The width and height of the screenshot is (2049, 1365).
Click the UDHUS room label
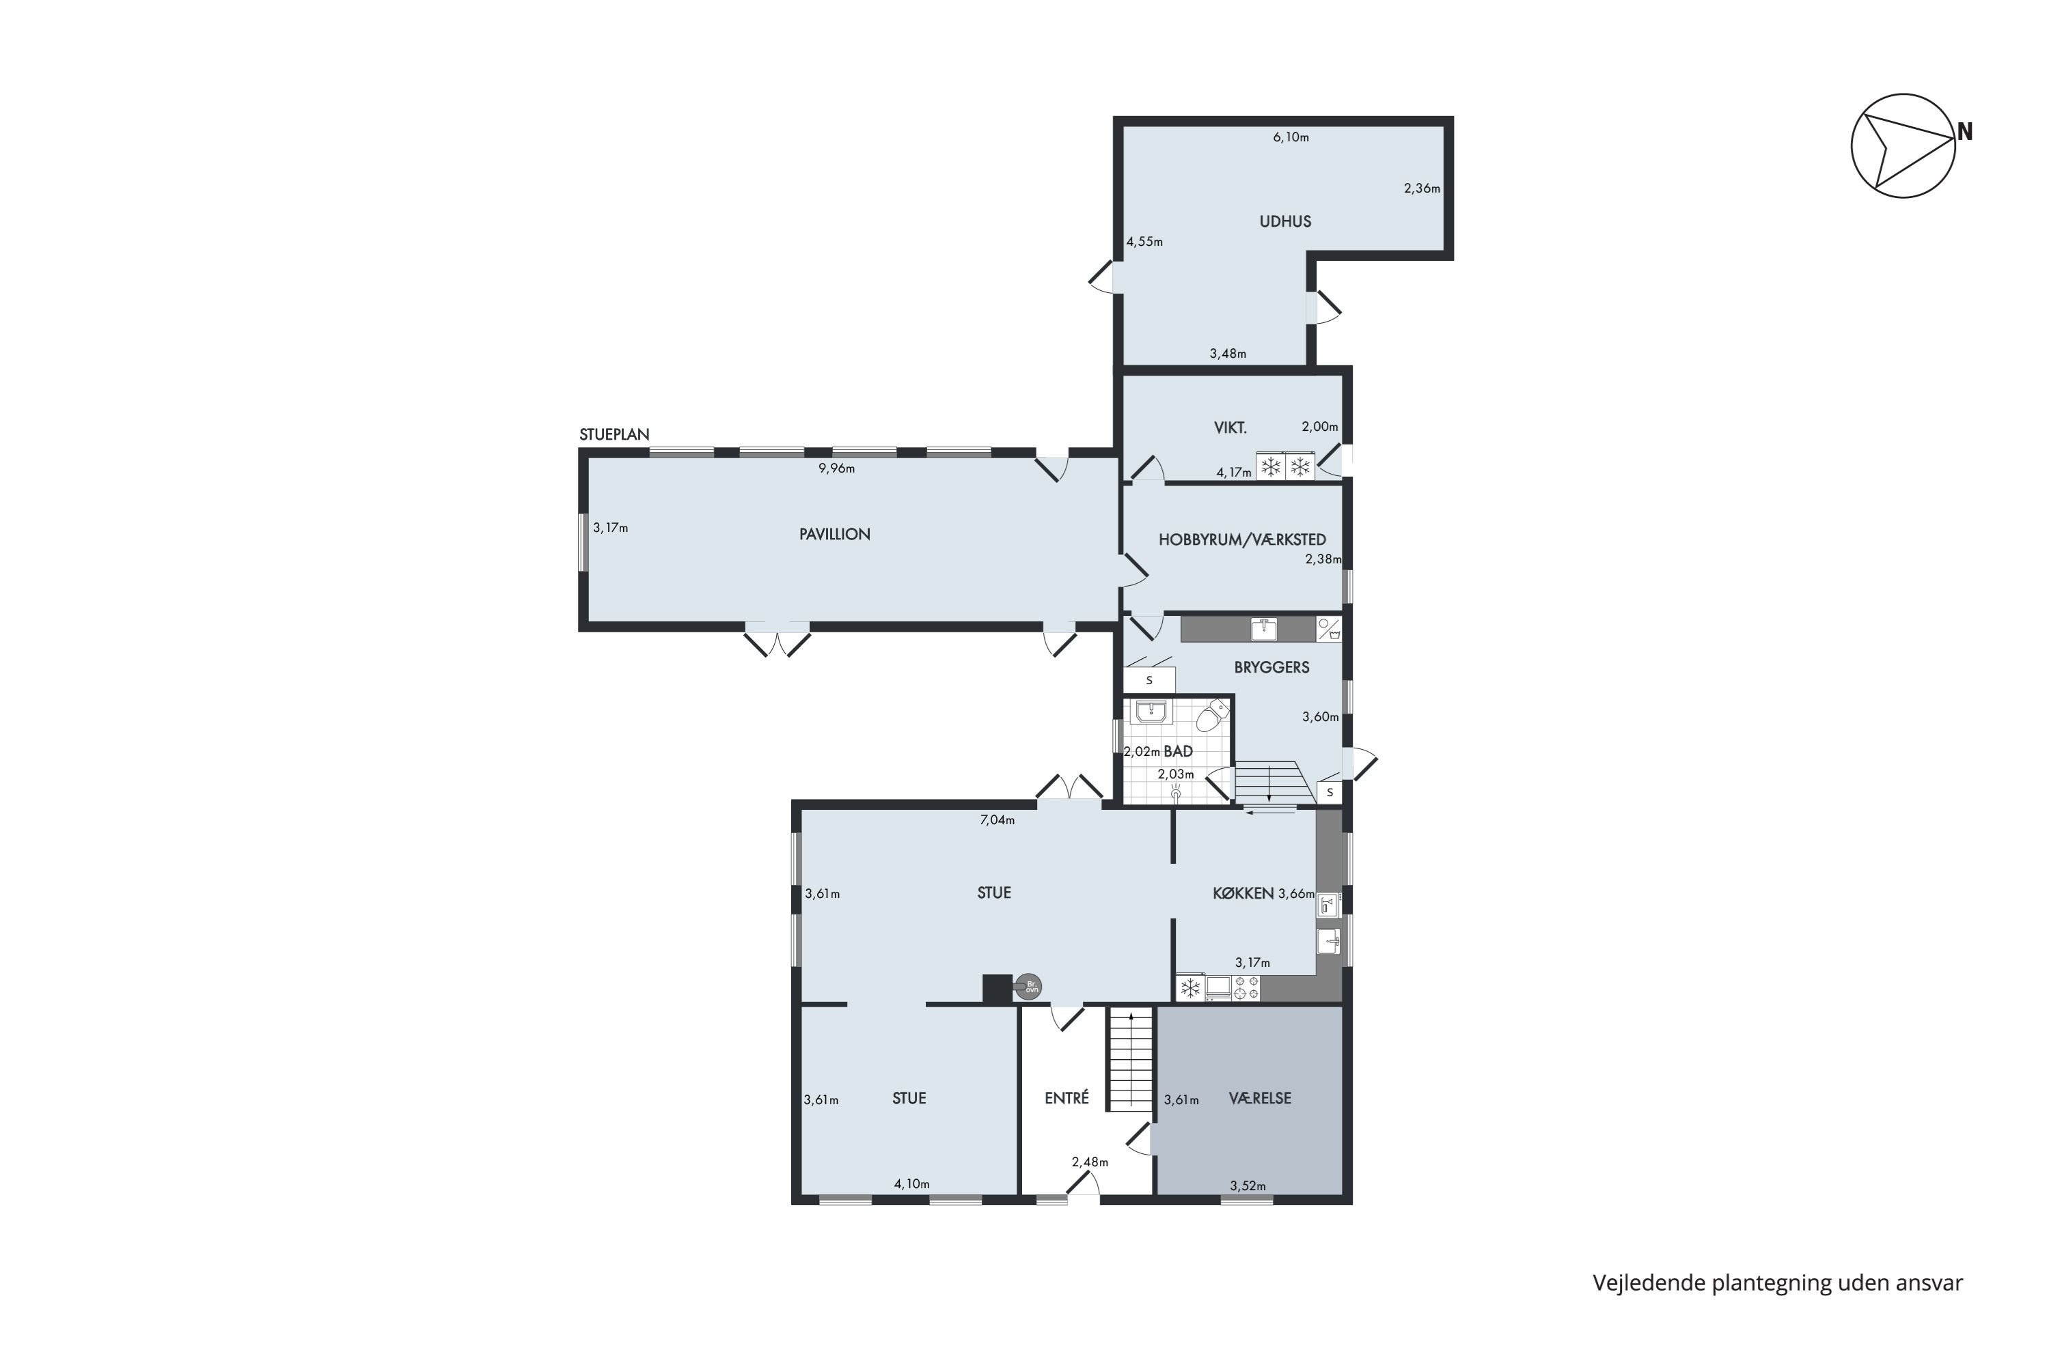(x=1284, y=221)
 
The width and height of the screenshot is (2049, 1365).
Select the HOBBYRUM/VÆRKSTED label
(x=1241, y=539)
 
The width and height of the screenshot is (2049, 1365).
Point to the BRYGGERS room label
(x=1271, y=668)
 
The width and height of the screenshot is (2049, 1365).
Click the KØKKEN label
(x=1243, y=893)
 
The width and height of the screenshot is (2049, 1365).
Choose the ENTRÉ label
(x=1067, y=1099)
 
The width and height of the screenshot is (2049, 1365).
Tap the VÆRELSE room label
(x=1259, y=1099)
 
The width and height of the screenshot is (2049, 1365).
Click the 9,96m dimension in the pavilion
(x=836, y=468)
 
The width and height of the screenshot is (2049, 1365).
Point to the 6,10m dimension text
(x=1291, y=137)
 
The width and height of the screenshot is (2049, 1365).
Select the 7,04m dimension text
(x=996, y=820)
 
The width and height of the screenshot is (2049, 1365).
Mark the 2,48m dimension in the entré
(x=1089, y=1162)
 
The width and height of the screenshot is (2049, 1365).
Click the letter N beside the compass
(x=1964, y=132)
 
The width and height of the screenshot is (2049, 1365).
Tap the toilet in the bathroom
(x=1211, y=716)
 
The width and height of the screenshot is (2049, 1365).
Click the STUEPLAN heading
(x=614, y=434)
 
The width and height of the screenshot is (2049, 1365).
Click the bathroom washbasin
(x=1151, y=712)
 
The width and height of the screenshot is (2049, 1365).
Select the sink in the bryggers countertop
(x=1265, y=628)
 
